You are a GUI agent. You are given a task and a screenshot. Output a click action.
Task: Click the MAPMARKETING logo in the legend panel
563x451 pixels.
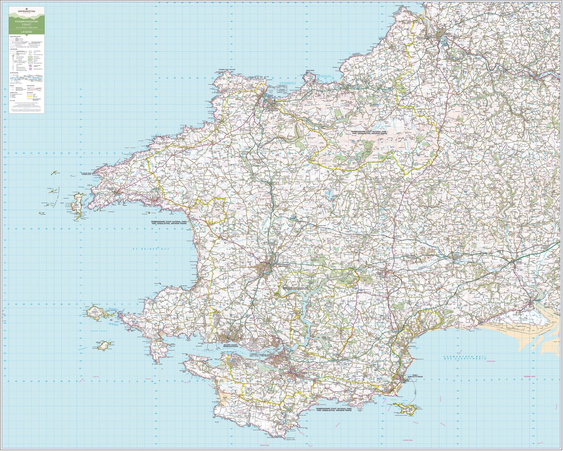click(x=26, y=11)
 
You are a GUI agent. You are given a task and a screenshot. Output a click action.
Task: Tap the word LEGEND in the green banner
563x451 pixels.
click(x=26, y=32)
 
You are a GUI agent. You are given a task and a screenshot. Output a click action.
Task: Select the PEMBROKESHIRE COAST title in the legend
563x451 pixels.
click(x=26, y=23)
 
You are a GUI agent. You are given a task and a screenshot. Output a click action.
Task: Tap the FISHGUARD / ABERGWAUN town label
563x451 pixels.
click(x=274, y=110)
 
